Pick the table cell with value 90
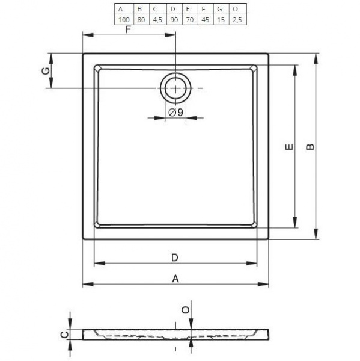[x=173, y=20]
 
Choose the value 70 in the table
[x=189, y=20]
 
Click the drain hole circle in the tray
[x=175, y=88]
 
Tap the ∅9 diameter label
[x=176, y=113]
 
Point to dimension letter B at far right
[x=310, y=146]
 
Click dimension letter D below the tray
[x=174, y=258]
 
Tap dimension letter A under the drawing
[x=175, y=278]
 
